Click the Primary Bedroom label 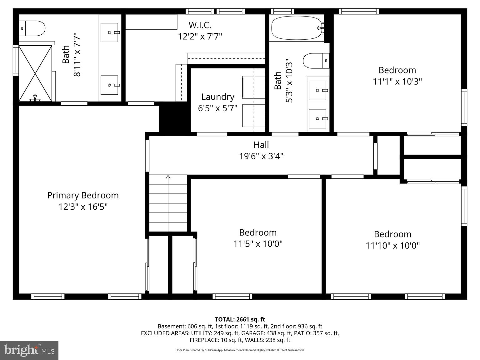pyautogui.click(x=83, y=195)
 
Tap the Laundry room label pyautogui.click(x=217, y=97)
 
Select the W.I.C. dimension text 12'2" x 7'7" pyautogui.click(x=200, y=37)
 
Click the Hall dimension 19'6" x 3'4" pyautogui.click(x=261, y=156)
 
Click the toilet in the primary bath pyautogui.click(x=32, y=28)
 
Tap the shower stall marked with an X pyautogui.click(x=35, y=73)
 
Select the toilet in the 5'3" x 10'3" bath pyautogui.click(x=316, y=61)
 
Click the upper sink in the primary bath pyautogui.click(x=109, y=32)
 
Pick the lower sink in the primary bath pyautogui.click(x=109, y=85)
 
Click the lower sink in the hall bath pyautogui.click(x=317, y=119)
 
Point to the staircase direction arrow pyautogui.click(x=168, y=177)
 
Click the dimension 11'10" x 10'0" pyautogui.click(x=392, y=246)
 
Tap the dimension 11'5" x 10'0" pyautogui.click(x=258, y=244)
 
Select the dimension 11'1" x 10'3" pyautogui.click(x=397, y=82)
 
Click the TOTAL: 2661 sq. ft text pyautogui.click(x=240, y=319)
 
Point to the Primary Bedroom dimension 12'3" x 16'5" pyautogui.click(x=83, y=207)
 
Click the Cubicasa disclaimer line pyautogui.click(x=240, y=350)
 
